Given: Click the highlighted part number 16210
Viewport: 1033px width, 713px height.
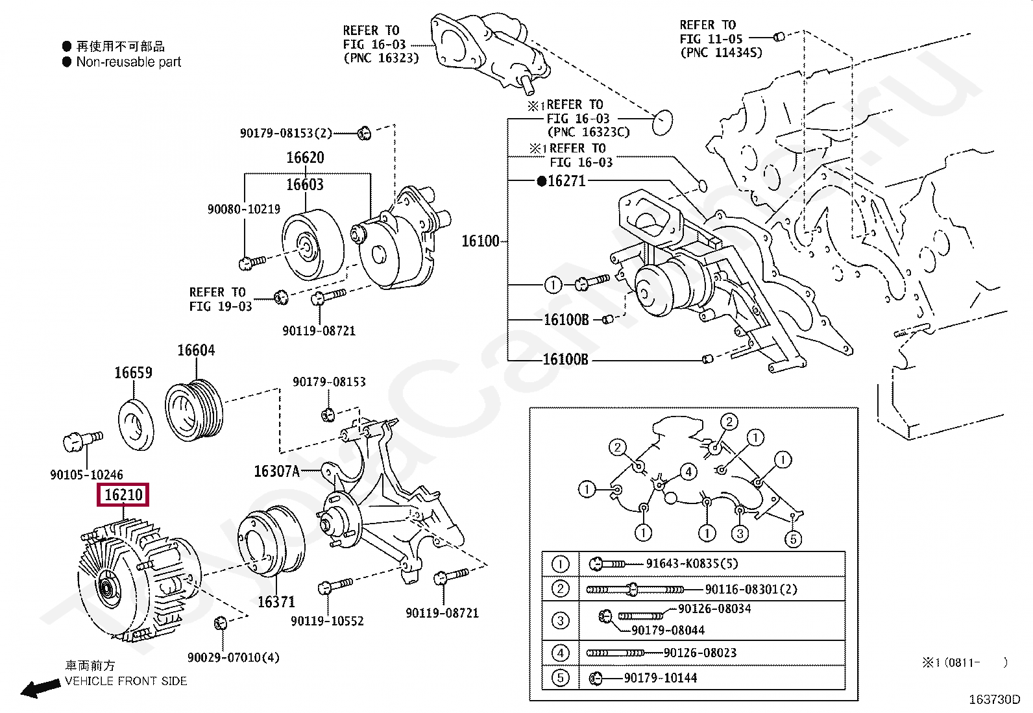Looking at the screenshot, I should [123, 495].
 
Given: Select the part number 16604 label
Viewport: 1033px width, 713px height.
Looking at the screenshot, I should [196, 350].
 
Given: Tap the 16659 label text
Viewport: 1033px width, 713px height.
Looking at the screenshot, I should [133, 372].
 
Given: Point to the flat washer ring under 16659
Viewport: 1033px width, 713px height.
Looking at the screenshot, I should [136, 425].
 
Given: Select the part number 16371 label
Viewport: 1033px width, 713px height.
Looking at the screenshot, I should [276, 602].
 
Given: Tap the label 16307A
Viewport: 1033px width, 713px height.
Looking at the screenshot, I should [277, 471].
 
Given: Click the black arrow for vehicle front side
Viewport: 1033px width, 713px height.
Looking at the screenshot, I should [39, 688].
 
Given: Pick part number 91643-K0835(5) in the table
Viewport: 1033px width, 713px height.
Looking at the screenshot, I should [692, 564].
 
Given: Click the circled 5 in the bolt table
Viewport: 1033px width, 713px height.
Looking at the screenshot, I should [560, 678].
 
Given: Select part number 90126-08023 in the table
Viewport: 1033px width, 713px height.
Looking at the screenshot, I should [699, 653].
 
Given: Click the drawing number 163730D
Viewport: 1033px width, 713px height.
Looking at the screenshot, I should [993, 699].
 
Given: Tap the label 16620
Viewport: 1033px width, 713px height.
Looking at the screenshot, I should [305, 158].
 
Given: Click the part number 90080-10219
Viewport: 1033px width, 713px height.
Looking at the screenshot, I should [243, 209].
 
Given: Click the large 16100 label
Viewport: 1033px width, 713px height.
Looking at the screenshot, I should [480, 241].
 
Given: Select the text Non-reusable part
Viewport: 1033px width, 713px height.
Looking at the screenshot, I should [128, 62].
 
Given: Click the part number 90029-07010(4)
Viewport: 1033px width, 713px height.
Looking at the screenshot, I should [233, 657].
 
